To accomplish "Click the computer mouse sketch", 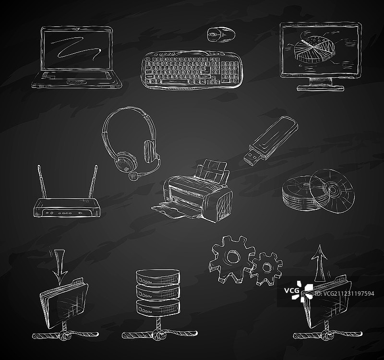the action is (221, 34).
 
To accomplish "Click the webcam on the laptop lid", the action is (77, 29).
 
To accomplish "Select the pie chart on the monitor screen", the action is (314, 49).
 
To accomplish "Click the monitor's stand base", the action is (321, 88).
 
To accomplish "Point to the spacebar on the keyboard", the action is (175, 81).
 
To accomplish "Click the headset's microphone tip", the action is (133, 176).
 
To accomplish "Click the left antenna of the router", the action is (42, 181).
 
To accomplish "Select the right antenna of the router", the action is (93, 181).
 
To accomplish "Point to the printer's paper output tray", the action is (171, 211).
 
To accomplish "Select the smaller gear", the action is (266, 268).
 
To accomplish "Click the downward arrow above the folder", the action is (60, 266).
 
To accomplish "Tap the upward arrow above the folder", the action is (319, 263).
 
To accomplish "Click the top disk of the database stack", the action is (158, 276).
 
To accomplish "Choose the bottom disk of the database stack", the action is (158, 307).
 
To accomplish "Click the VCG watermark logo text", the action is (291, 291).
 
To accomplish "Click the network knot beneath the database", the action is (158, 334).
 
